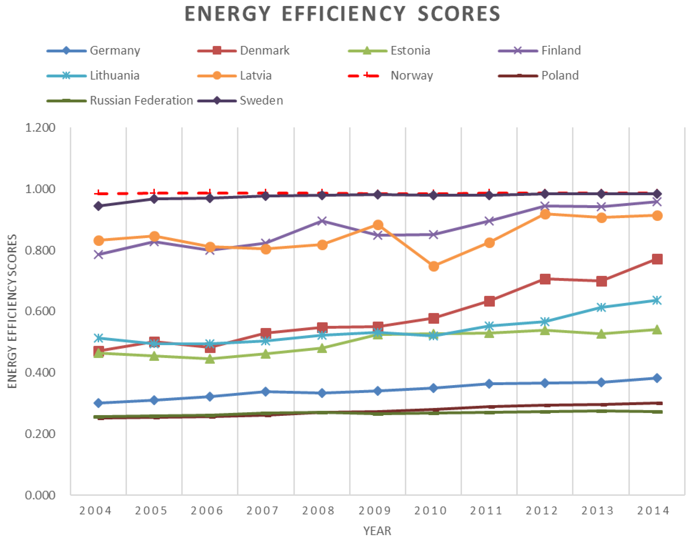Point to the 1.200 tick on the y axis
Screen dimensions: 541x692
click(x=40, y=128)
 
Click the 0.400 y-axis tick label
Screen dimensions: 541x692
click(x=40, y=372)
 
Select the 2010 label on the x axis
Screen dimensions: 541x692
click(x=430, y=511)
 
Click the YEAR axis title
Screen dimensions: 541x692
click(x=377, y=531)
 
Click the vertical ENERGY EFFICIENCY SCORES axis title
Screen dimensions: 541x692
click(x=12, y=311)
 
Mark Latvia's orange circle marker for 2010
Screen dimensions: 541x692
click(x=434, y=266)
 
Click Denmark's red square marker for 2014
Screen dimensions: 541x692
click(x=657, y=259)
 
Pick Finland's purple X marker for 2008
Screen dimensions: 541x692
click(x=322, y=221)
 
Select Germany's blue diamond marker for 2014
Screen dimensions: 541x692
click(x=657, y=378)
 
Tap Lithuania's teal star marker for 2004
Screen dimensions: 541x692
click(x=99, y=338)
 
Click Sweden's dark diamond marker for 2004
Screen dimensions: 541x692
click(x=99, y=206)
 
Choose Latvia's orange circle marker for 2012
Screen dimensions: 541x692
click(x=545, y=214)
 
